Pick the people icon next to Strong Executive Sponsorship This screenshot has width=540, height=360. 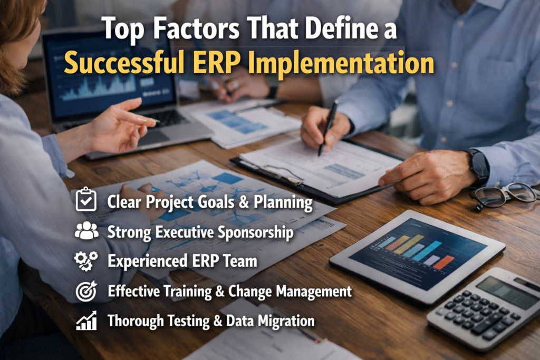point(86,231)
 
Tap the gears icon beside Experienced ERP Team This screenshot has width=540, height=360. point(86,261)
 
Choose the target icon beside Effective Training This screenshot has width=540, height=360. point(86,291)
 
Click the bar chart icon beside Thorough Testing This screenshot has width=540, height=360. point(86,320)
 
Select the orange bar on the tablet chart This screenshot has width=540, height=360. point(443,262)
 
